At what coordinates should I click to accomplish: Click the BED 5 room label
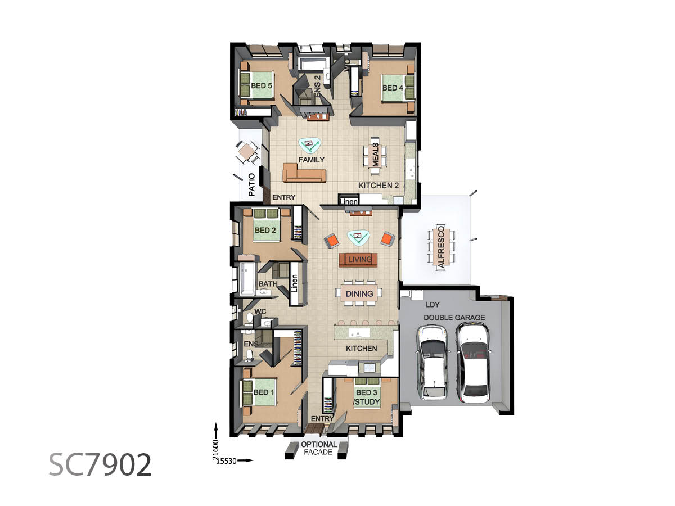pyautogui.click(x=261, y=85)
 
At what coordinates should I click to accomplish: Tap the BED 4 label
pyautogui.click(x=393, y=88)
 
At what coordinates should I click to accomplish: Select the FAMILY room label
pyautogui.click(x=311, y=160)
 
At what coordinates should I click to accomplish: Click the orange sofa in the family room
pyautogui.click(x=304, y=173)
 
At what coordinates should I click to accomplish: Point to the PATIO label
pyautogui.click(x=251, y=184)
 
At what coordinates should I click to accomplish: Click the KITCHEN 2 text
pyautogui.click(x=379, y=186)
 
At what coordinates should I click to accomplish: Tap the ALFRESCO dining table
pyautogui.click(x=441, y=247)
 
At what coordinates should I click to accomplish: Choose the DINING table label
pyautogui.click(x=359, y=293)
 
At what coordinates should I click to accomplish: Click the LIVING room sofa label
pyautogui.click(x=359, y=260)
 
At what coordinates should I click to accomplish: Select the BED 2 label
pyautogui.click(x=265, y=230)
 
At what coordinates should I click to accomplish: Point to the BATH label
pyautogui.click(x=268, y=284)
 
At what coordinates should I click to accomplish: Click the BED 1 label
pyautogui.click(x=264, y=392)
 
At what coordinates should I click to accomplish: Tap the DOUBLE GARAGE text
pyautogui.click(x=454, y=318)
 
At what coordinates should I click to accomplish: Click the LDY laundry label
pyautogui.click(x=433, y=305)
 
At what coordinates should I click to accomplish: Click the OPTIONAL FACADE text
pyautogui.click(x=318, y=448)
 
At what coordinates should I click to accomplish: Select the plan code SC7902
pyautogui.click(x=100, y=465)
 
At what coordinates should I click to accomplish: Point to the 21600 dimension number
pyautogui.click(x=215, y=450)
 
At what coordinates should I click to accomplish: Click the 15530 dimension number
pyautogui.click(x=227, y=461)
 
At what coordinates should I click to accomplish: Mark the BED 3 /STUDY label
pyautogui.click(x=367, y=397)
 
